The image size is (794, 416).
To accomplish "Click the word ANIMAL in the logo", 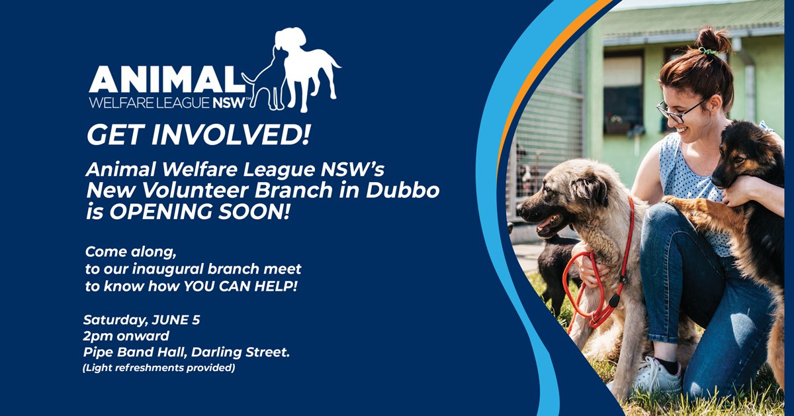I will [166, 79].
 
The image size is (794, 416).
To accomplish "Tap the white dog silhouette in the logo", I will [304, 70].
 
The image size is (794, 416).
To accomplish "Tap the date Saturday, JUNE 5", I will [142, 320].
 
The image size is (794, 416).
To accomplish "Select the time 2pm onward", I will [126, 336].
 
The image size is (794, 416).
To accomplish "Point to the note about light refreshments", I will [159, 368].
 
